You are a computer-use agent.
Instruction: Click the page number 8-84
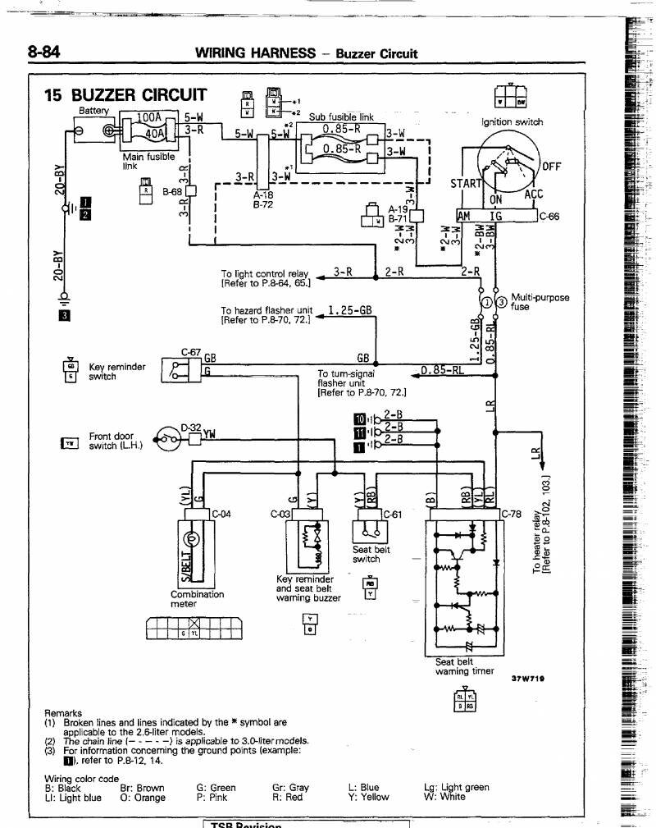[45, 53]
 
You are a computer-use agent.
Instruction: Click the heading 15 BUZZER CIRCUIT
[125, 95]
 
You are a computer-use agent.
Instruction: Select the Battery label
[93, 110]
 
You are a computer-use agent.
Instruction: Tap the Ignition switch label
[512, 122]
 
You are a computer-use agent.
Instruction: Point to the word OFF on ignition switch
[552, 166]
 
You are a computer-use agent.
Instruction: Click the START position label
[467, 183]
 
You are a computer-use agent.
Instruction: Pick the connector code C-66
[549, 217]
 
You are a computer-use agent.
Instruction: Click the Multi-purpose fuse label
[540, 303]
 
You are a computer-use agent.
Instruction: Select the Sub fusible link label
[341, 117]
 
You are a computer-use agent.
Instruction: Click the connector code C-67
[190, 352]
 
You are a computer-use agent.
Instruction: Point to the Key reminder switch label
[117, 372]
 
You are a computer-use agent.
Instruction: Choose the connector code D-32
[191, 427]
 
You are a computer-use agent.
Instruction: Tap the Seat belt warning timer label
[464, 666]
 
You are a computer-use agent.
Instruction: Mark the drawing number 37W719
[529, 679]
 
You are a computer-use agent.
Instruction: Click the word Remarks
[65, 713]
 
